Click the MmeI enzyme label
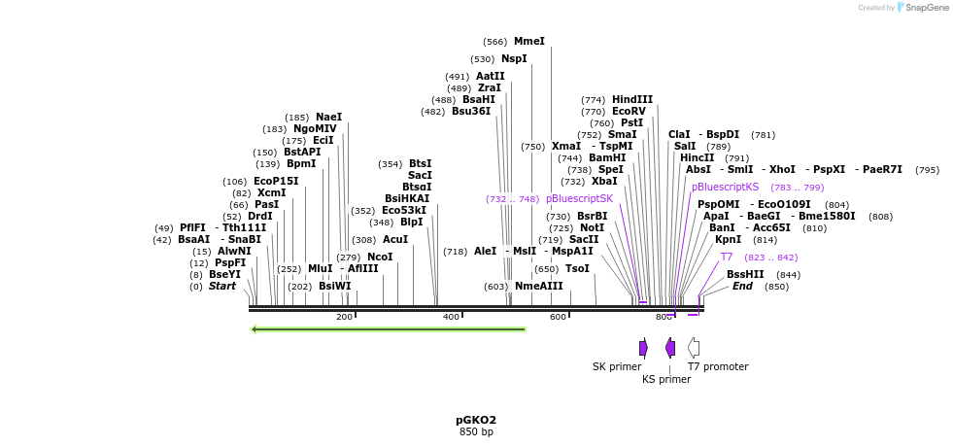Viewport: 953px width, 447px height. point(529,42)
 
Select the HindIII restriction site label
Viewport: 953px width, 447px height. point(631,99)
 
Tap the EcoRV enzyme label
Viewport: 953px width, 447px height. point(629,112)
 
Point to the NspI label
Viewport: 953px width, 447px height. point(514,59)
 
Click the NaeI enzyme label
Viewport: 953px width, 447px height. point(328,118)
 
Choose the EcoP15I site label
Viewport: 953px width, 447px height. point(276,182)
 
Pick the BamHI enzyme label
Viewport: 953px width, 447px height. point(606,157)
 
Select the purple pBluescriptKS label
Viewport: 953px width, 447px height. point(725,187)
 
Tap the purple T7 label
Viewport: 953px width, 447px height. point(727,258)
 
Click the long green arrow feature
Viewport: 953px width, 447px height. point(389,329)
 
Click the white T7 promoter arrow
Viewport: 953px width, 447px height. point(694,347)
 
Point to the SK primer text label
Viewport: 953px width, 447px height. point(617,367)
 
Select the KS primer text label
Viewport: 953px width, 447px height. point(666,380)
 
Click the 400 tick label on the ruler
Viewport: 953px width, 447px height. point(451,318)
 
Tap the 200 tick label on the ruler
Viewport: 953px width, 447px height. point(344,318)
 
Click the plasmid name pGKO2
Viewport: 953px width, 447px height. point(476,421)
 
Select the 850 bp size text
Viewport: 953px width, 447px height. point(476,432)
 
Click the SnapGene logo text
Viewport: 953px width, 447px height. point(927,8)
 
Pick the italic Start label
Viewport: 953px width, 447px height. point(222,287)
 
